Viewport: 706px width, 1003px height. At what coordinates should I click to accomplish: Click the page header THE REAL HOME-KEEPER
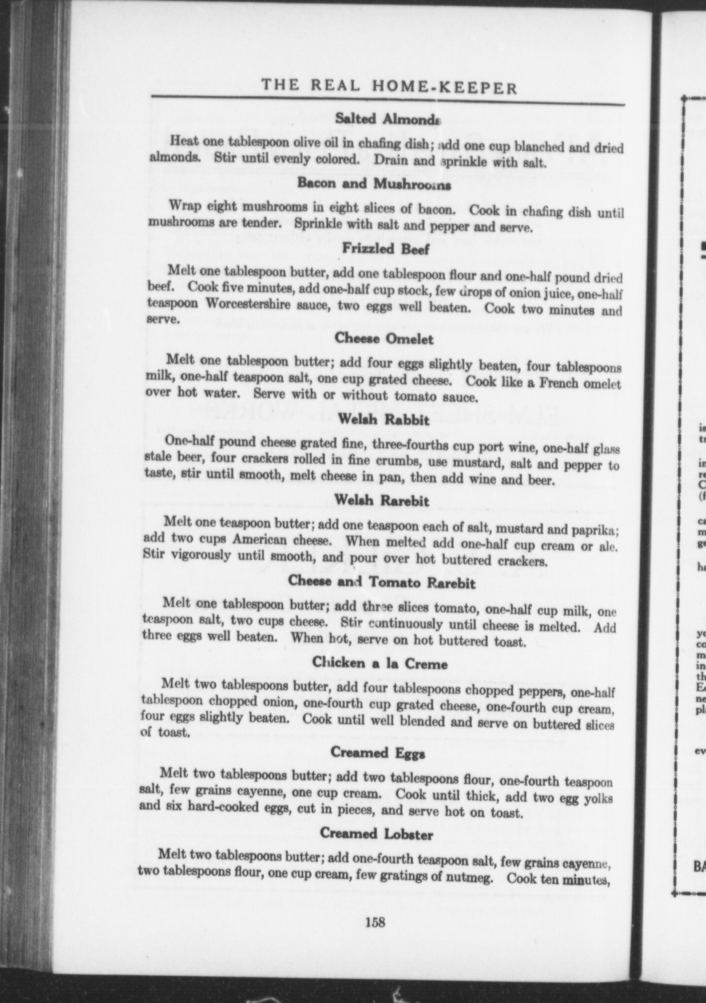[x=389, y=87]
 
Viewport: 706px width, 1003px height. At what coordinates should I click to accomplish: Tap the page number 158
[x=375, y=923]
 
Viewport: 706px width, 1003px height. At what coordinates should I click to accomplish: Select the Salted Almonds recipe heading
[x=388, y=119]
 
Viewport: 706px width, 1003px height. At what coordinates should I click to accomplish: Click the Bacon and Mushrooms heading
[x=374, y=184]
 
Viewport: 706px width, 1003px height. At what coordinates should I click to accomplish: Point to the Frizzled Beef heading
[x=385, y=249]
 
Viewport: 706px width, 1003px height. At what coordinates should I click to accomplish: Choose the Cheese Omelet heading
[x=384, y=339]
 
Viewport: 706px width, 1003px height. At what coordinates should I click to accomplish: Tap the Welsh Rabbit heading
[x=383, y=420]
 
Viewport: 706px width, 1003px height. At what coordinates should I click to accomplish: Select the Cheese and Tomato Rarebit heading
[x=381, y=582]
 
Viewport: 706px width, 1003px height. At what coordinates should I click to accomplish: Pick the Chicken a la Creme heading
[x=380, y=664]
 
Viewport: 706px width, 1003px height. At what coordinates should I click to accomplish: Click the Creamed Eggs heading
[x=378, y=753]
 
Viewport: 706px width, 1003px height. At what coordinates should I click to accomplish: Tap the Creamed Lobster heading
[x=377, y=834]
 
